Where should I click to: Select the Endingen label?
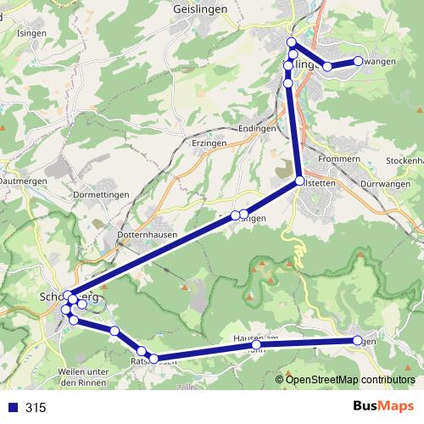258,128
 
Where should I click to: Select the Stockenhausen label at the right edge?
404,160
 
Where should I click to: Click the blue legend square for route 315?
12,408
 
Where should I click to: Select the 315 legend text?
36,408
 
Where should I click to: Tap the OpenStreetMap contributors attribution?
350,379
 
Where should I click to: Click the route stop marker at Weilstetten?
300,181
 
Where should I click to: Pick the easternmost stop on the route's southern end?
358,340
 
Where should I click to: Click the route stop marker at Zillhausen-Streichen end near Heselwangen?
358,60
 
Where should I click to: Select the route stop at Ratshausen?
153,359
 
